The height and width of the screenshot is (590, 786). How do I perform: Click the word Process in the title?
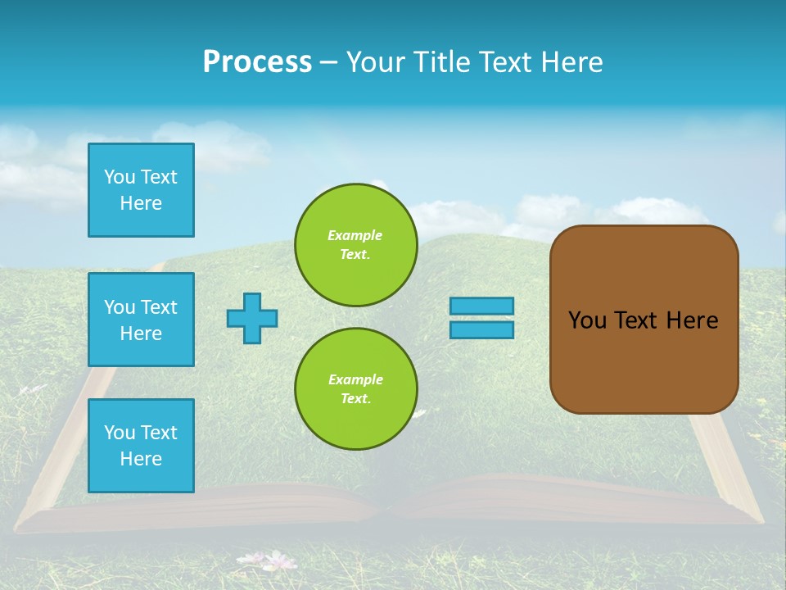tap(257, 62)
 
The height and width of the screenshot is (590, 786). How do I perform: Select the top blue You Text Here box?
tap(141, 190)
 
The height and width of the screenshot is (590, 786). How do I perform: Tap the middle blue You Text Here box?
tap(141, 320)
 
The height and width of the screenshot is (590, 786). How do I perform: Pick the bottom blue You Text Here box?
tap(141, 446)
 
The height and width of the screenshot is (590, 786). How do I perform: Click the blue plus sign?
tap(252, 318)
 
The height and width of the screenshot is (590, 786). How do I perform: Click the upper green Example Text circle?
tap(355, 245)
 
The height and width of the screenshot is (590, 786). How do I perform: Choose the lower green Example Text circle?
tap(355, 389)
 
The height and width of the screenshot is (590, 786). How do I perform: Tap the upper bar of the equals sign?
tap(481, 306)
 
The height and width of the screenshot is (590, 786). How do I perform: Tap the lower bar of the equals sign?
tap(481, 329)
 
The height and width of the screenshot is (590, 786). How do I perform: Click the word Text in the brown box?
tap(635, 320)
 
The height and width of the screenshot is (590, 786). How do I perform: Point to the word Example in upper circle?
tap(355, 235)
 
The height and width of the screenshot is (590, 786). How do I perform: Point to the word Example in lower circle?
tap(355, 379)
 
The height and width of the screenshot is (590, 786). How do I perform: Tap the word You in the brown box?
tap(586, 320)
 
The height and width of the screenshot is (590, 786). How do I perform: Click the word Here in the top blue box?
tap(141, 203)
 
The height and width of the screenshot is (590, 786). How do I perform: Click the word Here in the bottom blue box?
tap(141, 459)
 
